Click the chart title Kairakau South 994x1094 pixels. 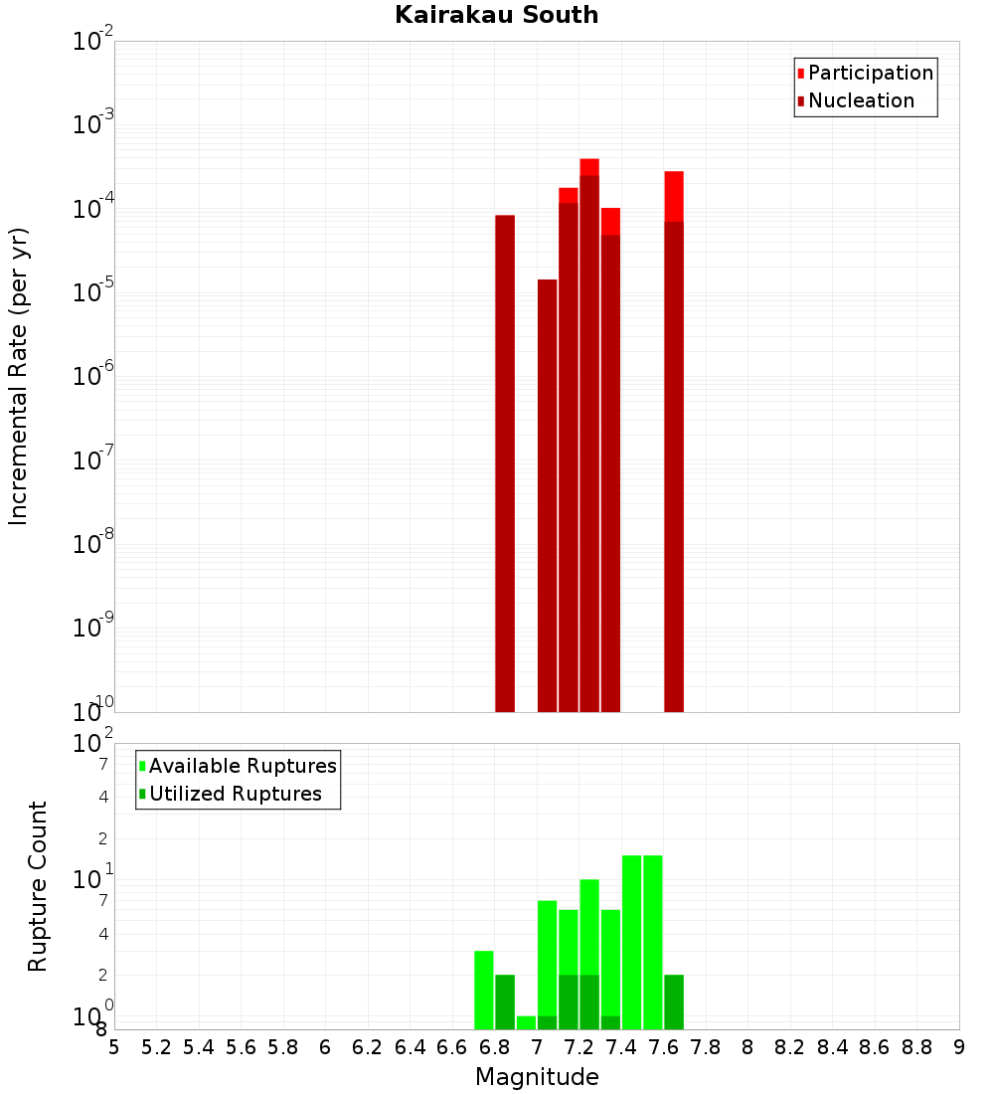pos(496,15)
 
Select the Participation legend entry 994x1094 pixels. pos(870,73)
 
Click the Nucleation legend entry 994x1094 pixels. pos(860,100)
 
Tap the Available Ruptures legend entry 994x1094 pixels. pos(242,766)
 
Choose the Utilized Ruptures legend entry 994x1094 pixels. pos(235,794)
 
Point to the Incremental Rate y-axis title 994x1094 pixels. pos(18,376)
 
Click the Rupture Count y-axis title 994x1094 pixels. pos(38,885)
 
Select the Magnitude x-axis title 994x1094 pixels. pos(537,1077)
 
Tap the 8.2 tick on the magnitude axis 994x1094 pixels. pos(790,1047)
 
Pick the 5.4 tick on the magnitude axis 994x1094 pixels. pos(199,1047)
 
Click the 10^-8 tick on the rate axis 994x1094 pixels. pos(93,544)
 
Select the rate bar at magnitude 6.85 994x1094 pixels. pos(505,457)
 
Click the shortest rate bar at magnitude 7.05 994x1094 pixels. pos(547,497)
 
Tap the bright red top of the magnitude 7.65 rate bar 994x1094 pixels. pos(674,196)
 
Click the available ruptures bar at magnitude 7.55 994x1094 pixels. pos(653,940)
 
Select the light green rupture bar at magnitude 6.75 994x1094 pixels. pos(484,990)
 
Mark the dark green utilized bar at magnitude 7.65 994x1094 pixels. pos(674,1002)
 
